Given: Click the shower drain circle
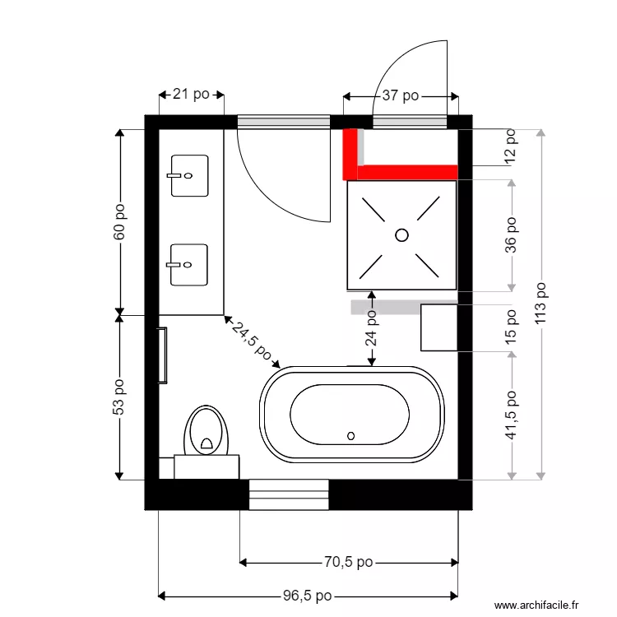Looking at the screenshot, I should [x=401, y=234].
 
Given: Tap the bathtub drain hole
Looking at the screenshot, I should [x=351, y=435].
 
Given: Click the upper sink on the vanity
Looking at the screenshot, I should [x=189, y=175].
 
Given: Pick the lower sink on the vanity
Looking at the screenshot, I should [x=189, y=264].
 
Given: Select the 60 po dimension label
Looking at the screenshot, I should [x=119, y=222].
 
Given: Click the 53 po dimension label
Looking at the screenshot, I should [x=119, y=397].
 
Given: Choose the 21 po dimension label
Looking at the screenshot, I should [x=190, y=95].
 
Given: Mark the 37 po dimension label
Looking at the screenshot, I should [x=400, y=96].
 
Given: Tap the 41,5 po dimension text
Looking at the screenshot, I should [x=512, y=415].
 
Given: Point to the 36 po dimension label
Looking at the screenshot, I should [x=512, y=234].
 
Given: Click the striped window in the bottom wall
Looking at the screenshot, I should [x=288, y=495].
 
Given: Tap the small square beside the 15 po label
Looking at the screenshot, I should [x=438, y=327].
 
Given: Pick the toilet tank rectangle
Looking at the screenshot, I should [x=206, y=467].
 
